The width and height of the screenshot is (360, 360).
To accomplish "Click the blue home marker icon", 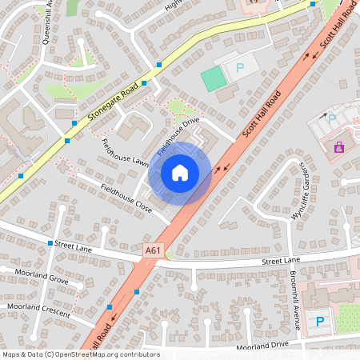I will point(180,173).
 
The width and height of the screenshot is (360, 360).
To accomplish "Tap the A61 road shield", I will point(151,251).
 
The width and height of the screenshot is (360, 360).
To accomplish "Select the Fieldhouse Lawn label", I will point(126,152).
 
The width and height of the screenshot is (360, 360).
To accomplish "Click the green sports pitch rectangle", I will point(213,78).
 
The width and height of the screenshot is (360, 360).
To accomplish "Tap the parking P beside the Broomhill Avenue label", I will point(320,322).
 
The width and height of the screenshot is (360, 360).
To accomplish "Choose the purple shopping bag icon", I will point(339,147).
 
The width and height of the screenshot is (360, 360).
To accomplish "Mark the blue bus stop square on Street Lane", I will point(50,242).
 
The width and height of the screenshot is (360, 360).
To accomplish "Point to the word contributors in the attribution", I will point(142,354).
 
